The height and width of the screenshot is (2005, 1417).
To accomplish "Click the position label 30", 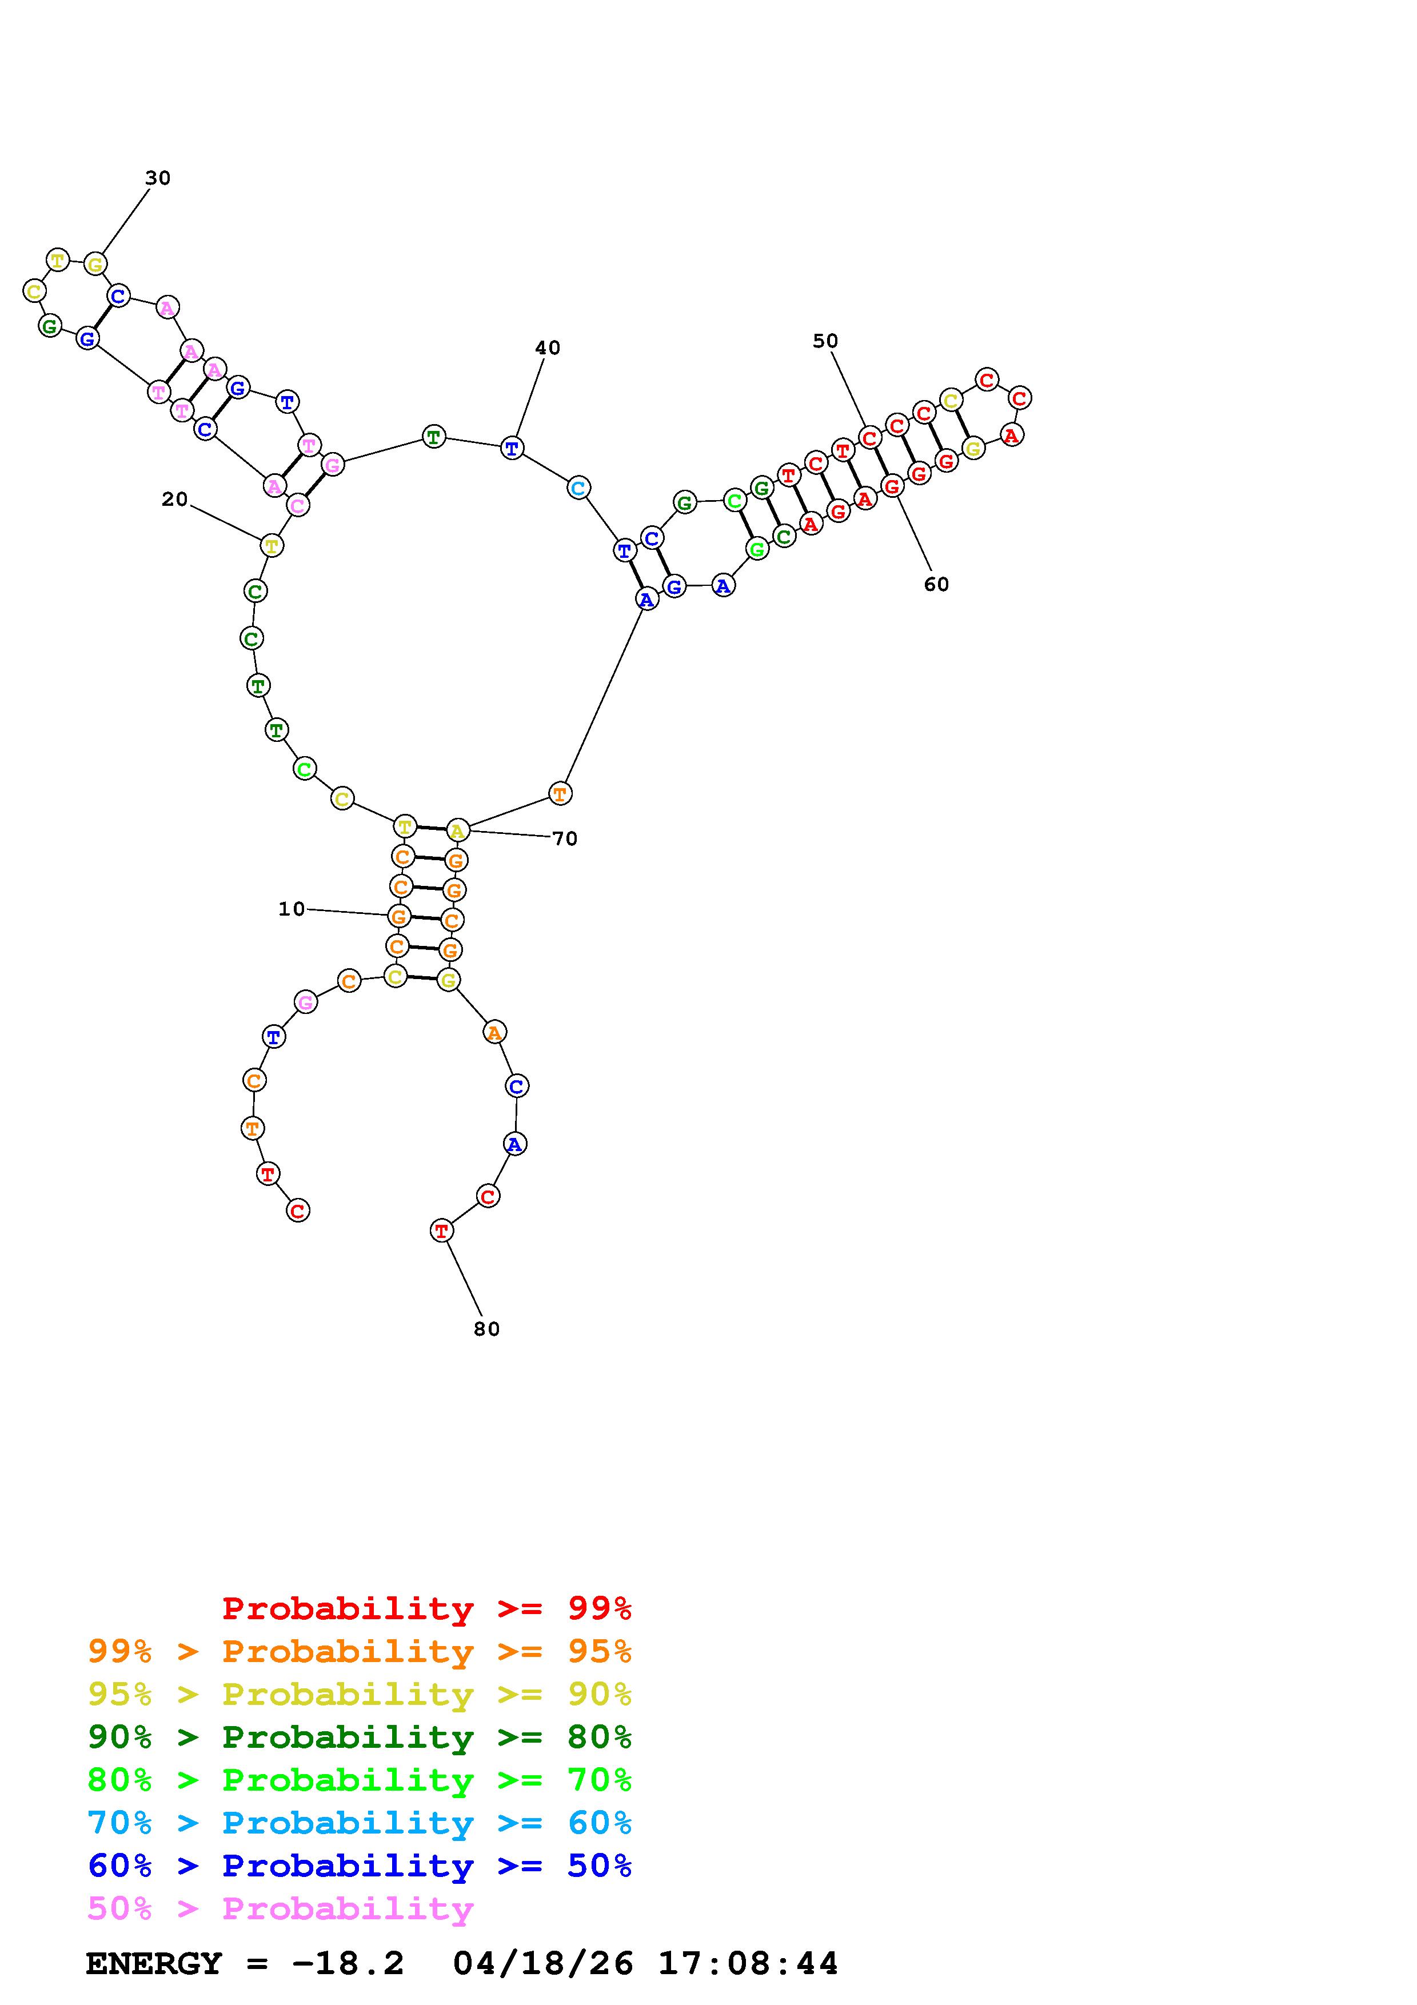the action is pyautogui.click(x=157, y=178).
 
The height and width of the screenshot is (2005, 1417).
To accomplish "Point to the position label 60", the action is pyautogui.click(x=936, y=584).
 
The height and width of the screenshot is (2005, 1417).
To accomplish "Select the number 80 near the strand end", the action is pyautogui.click(x=486, y=1329).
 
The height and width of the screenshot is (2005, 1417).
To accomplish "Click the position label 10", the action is pyautogui.click(x=292, y=909).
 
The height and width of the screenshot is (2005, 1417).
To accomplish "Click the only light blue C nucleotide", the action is pyautogui.click(x=578, y=488).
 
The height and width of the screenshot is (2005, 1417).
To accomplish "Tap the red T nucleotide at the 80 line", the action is pyautogui.click(x=442, y=1231).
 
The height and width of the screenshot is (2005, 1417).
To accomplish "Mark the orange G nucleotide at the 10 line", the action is pyautogui.click(x=399, y=916).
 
